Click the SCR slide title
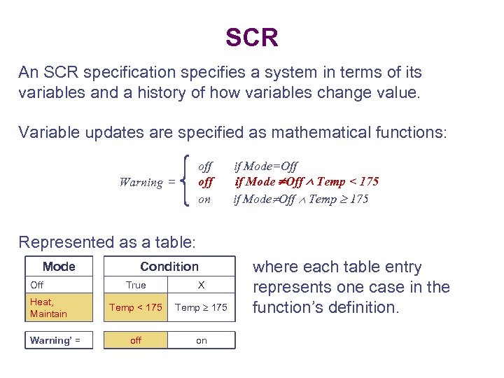pos(252,37)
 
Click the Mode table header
pos(59,267)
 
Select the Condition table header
pos(169,267)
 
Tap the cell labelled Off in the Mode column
pos(59,285)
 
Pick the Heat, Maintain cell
pos(59,308)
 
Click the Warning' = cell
pos(59,340)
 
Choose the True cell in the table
pos(136,285)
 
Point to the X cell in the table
pos(202,285)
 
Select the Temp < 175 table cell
pos(136,308)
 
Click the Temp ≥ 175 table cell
pos(202,308)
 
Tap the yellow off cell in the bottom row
pos(136,340)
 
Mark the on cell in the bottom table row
pos(202,340)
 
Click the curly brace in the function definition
pos(184,182)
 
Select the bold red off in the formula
pos(205,182)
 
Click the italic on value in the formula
pos(204,199)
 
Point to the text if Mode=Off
pos(265,166)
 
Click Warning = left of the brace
pos(147,183)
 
